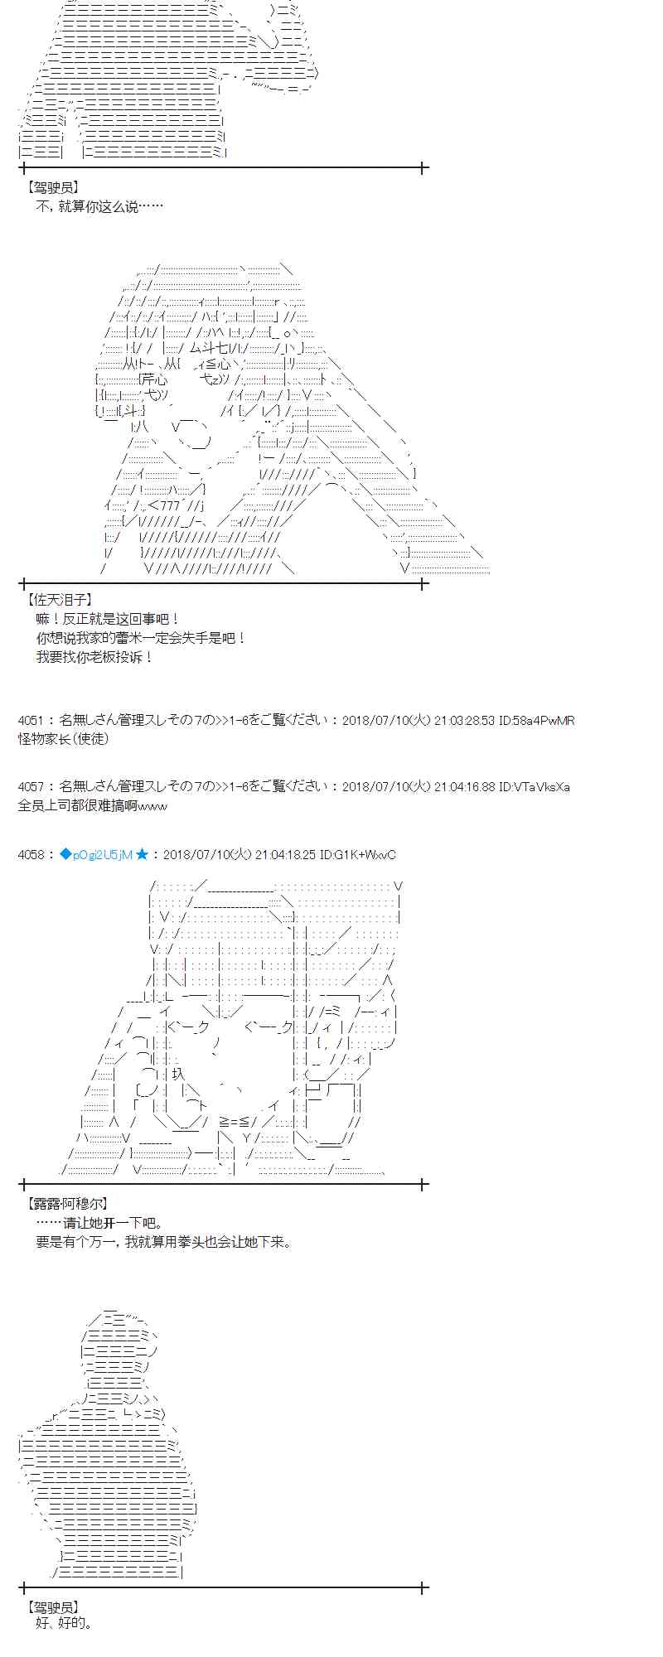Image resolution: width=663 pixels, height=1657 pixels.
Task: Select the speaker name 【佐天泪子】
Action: tap(60, 600)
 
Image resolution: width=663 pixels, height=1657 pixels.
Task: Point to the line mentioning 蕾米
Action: tap(141, 638)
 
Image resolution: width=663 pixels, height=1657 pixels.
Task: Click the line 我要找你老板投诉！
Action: tap(94, 657)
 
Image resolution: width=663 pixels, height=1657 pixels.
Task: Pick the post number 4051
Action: tap(31, 721)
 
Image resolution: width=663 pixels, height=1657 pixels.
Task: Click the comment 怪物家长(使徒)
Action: tap(63, 738)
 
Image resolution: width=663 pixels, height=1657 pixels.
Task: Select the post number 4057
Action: tap(31, 786)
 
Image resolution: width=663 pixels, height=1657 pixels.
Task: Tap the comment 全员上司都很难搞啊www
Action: tap(92, 804)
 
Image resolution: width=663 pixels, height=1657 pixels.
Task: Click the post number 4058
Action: tap(31, 854)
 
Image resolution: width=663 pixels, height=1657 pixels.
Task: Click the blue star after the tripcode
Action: tap(142, 854)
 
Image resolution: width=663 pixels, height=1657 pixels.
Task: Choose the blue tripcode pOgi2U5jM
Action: tap(96, 854)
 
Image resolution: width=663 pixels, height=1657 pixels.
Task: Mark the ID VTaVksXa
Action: tap(540, 786)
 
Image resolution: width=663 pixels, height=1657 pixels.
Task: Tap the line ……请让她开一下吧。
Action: tap(99, 1223)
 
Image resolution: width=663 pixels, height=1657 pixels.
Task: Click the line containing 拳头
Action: tap(164, 1242)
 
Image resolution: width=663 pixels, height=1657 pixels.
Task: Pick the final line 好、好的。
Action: tap(65, 1623)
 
